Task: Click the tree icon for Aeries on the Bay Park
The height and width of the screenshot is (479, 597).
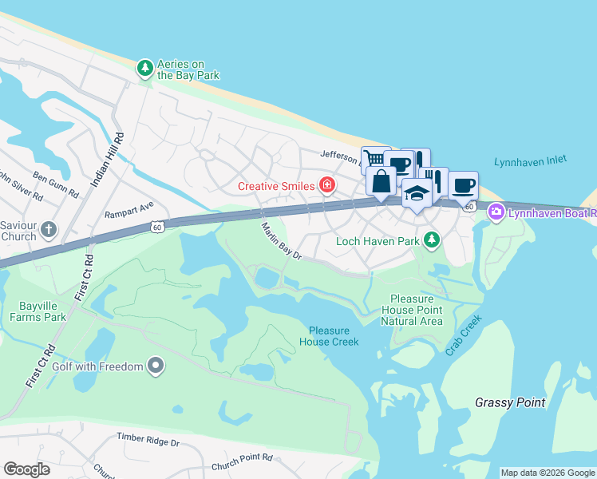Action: click(x=144, y=69)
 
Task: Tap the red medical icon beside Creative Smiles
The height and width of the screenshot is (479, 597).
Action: click(x=326, y=186)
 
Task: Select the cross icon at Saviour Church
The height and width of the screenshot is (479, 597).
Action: click(x=49, y=231)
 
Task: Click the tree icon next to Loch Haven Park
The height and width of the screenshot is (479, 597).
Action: click(x=432, y=239)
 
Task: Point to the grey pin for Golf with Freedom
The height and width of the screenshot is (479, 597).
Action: click(x=156, y=366)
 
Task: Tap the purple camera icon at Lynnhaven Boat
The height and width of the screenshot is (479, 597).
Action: click(x=496, y=212)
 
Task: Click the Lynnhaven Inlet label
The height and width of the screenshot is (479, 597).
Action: click(x=531, y=160)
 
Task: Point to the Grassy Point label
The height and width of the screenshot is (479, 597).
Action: click(x=509, y=402)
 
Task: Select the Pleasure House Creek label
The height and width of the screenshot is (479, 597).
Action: click(x=329, y=336)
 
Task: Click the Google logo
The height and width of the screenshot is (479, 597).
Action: click(x=26, y=469)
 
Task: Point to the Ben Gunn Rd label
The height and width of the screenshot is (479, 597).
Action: click(x=56, y=184)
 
